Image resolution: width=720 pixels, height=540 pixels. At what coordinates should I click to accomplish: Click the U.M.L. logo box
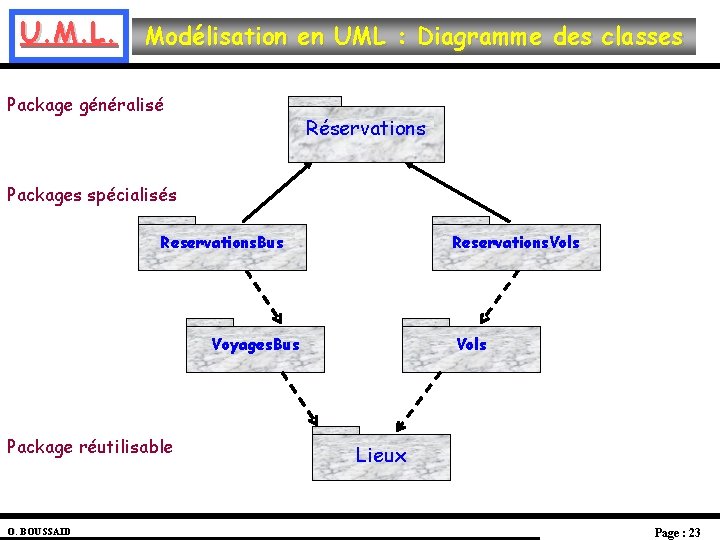(x=66, y=38)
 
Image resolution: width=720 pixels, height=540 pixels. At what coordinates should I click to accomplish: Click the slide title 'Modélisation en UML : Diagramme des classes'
(x=414, y=37)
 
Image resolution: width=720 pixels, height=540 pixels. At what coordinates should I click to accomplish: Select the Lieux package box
(x=381, y=457)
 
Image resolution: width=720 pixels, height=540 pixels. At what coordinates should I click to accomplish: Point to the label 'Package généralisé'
(x=85, y=104)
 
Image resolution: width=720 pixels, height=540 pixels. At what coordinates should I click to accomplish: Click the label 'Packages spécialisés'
(x=92, y=195)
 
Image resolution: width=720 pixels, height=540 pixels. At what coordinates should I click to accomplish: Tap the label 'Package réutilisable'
(x=90, y=447)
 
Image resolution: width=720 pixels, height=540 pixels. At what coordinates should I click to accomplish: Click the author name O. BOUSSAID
(x=38, y=531)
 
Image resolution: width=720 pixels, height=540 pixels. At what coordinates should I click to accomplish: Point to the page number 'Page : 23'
(x=677, y=532)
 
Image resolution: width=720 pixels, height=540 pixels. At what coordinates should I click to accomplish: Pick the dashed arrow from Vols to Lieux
(x=422, y=399)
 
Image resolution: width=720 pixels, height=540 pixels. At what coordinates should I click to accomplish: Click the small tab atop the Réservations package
(x=314, y=101)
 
